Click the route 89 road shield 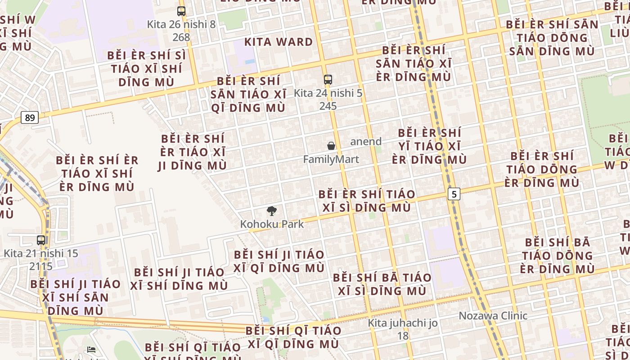pyautogui.click(x=30, y=118)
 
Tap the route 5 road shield pyautogui.click(x=454, y=194)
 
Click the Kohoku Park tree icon pyautogui.click(x=271, y=211)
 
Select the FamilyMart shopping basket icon pyautogui.click(x=331, y=146)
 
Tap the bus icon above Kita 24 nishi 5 pyautogui.click(x=328, y=80)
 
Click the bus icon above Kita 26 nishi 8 pyautogui.click(x=181, y=11)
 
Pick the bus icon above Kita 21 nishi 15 pyautogui.click(x=41, y=240)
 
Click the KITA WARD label pyautogui.click(x=279, y=42)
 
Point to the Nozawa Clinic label pyautogui.click(x=493, y=315)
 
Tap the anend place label pyautogui.click(x=366, y=141)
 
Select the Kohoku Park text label pyautogui.click(x=272, y=224)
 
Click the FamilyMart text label pyautogui.click(x=331, y=159)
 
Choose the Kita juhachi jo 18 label pyautogui.click(x=403, y=329)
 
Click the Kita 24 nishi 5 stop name pyautogui.click(x=328, y=93)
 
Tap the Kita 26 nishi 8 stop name pyautogui.click(x=181, y=24)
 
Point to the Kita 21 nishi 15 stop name pyautogui.click(x=41, y=253)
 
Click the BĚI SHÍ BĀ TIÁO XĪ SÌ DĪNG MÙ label pyautogui.click(x=382, y=284)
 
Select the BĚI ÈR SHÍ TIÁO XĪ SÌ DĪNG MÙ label pyautogui.click(x=367, y=201)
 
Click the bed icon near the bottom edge pyautogui.click(x=91, y=349)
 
